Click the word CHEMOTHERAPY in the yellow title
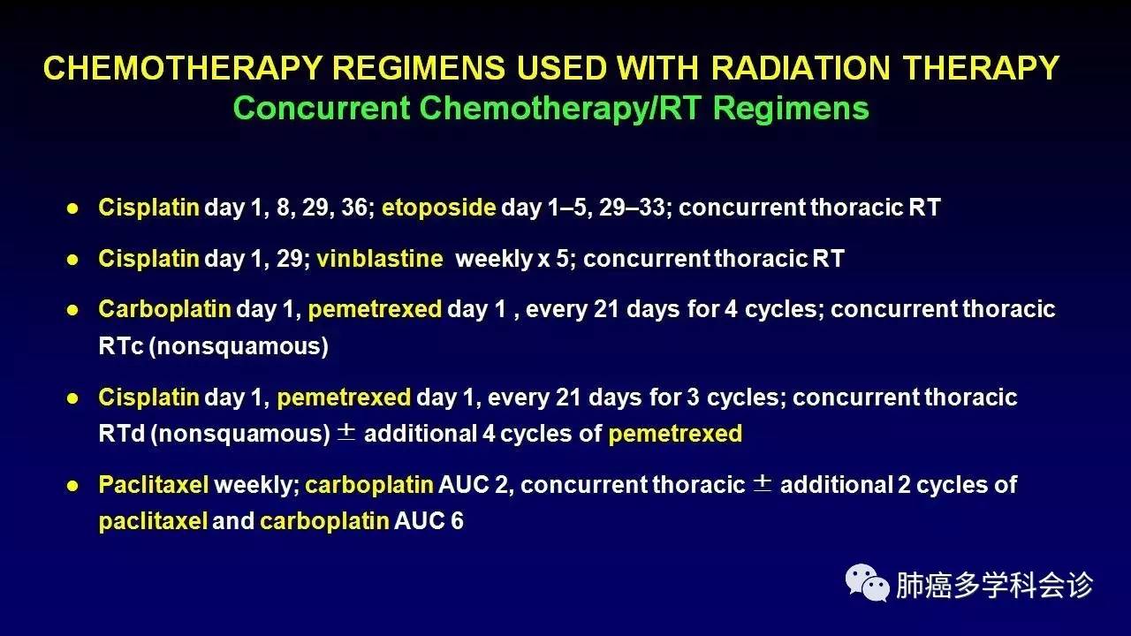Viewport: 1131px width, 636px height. [183, 68]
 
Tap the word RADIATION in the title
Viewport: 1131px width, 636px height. [801, 68]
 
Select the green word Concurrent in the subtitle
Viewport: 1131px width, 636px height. [322, 108]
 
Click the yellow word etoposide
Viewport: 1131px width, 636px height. [439, 208]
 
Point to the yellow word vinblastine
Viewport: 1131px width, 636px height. [380, 259]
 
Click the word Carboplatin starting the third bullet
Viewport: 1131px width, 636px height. [164, 309]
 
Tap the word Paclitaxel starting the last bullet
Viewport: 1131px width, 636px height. [154, 485]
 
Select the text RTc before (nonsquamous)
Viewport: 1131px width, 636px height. [121, 346]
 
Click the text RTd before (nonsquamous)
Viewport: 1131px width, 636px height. [122, 434]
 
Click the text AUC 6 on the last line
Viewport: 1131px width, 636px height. [429, 521]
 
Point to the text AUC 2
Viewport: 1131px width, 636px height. [473, 485]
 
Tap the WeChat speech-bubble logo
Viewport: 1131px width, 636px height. [867, 583]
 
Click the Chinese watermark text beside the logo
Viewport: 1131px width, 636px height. [994, 585]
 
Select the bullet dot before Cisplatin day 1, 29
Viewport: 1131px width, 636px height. [72, 260]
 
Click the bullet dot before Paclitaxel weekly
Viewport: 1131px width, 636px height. [72, 486]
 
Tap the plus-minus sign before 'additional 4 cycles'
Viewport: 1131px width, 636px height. [346, 432]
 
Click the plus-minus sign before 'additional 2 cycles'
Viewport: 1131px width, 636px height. [763, 483]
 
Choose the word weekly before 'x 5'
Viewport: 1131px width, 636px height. [494, 259]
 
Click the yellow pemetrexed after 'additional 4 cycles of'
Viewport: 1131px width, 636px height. [675, 434]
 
